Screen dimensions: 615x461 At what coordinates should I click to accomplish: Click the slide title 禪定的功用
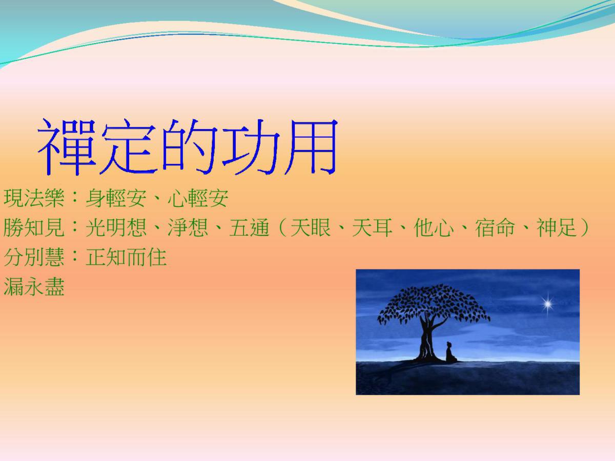click(x=187, y=146)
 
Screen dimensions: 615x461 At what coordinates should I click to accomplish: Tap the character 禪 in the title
click(x=67, y=146)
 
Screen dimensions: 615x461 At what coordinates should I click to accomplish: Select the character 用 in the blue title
click(x=311, y=146)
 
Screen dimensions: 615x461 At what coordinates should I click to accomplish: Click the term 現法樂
click(x=34, y=198)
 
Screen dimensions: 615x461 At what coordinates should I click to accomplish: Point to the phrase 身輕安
click(x=116, y=198)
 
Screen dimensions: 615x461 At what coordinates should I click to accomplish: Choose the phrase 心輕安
click(x=198, y=198)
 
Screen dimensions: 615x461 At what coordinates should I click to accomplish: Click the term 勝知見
click(x=34, y=227)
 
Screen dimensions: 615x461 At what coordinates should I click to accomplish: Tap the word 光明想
click(x=116, y=227)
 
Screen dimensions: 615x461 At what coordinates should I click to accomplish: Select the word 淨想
click(x=188, y=227)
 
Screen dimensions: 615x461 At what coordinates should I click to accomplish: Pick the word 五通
click(x=249, y=227)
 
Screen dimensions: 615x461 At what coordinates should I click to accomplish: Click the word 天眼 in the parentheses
click(x=311, y=227)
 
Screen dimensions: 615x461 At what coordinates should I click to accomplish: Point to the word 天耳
click(x=372, y=227)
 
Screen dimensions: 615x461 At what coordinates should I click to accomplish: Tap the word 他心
click(x=434, y=227)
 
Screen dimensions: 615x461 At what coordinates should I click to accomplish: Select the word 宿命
click(x=495, y=227)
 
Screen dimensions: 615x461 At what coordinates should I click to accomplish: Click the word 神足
click(x=557, y=227)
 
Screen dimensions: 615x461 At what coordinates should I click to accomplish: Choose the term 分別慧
click(x=34, y=257)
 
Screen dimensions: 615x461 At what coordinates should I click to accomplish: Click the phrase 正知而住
click(x=126, y=257)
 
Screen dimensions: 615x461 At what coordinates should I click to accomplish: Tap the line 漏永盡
click(x=34, y=287)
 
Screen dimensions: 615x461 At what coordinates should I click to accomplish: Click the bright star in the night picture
click(x=547, y=304)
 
